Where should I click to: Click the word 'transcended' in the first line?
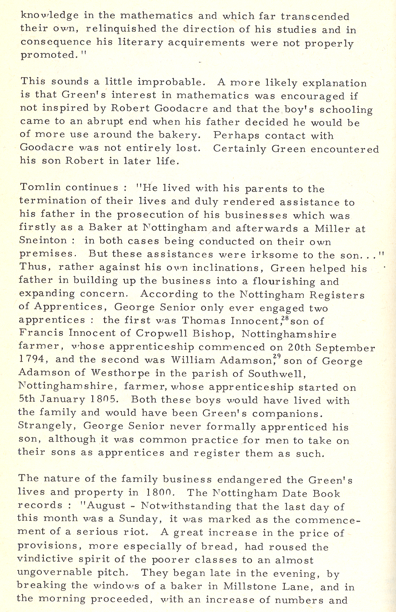pyautogui.click(x=315, y=17)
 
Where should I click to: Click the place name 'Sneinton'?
pyautogui.click(x=43, y=241)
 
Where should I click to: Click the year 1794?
pyautogui.click(x=32, y=359)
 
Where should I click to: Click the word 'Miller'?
pyautogui.click(x=332, y=228)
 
